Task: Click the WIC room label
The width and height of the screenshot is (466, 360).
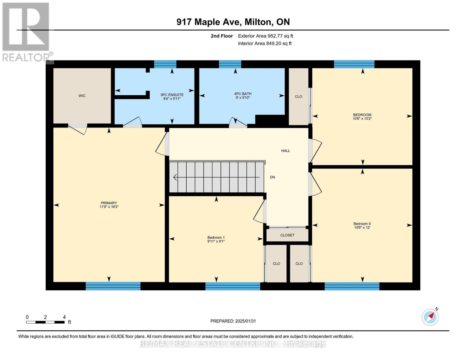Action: (x=82, y=96)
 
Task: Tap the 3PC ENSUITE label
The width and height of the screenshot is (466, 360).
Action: (x=172, y=95)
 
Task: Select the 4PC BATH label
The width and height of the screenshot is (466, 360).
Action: (x=242, y=94)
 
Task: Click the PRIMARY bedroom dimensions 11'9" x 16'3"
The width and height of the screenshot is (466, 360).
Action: (x=109, y=207)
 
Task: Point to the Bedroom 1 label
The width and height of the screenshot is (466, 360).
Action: (x=216, y=238)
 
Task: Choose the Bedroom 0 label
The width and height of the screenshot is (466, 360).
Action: (x=362, y=224)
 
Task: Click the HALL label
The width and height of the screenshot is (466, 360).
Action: (x=285, y=151)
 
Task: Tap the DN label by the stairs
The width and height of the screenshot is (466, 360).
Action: (x=272, y=177)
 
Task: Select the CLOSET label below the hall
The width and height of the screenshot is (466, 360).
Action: (x=287, y=235)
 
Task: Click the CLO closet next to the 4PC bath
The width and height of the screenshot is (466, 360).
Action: (x=298, y=97)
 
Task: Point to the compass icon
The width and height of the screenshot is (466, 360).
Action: (x=430, y=317)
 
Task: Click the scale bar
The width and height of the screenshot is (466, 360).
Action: (x=45, y=322)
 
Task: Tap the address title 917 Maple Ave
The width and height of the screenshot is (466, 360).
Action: (x=233, y=22)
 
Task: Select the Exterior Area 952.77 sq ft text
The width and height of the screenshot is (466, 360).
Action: (x=265, y=36)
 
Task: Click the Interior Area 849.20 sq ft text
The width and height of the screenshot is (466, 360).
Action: (x=265, y=43)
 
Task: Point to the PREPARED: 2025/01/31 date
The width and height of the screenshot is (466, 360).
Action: (x=233, y=321)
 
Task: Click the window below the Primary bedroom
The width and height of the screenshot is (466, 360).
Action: (x=113, y=286)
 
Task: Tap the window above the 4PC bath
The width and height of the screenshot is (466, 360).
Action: (x=230, y=64)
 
